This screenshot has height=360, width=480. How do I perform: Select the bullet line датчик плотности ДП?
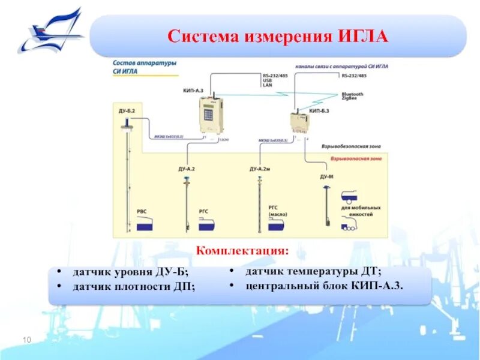point(134,287)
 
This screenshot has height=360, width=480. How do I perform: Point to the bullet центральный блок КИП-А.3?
point(325,285)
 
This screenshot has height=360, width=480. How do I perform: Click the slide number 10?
point(26,341)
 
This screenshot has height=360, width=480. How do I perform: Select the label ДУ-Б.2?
point(127,112)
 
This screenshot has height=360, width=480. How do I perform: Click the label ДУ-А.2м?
point(260,169)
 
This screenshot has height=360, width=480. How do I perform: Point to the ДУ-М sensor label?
point(326,177)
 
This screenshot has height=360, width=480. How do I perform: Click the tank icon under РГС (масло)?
point(276,226)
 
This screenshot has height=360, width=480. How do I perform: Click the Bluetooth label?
point(352,94)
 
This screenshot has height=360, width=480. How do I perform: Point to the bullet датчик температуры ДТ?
point(313,272)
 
